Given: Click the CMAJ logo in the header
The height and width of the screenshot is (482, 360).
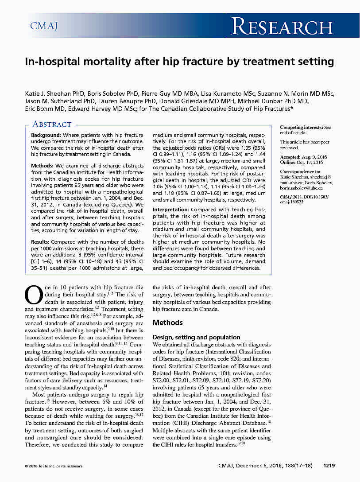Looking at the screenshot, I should [x=44, y=26].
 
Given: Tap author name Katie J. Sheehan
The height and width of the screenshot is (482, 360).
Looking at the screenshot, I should [x=49, y=93].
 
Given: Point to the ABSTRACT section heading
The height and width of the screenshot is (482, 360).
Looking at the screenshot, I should [x=52, y=124].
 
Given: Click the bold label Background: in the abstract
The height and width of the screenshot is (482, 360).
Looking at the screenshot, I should [x=46, y=135].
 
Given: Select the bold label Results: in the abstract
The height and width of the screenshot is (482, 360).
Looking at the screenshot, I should [x=40, y=242].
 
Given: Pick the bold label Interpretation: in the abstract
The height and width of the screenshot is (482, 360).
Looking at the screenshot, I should [x=173, y=209].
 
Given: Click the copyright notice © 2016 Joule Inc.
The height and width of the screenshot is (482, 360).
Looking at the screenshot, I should [x=53, y=466].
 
